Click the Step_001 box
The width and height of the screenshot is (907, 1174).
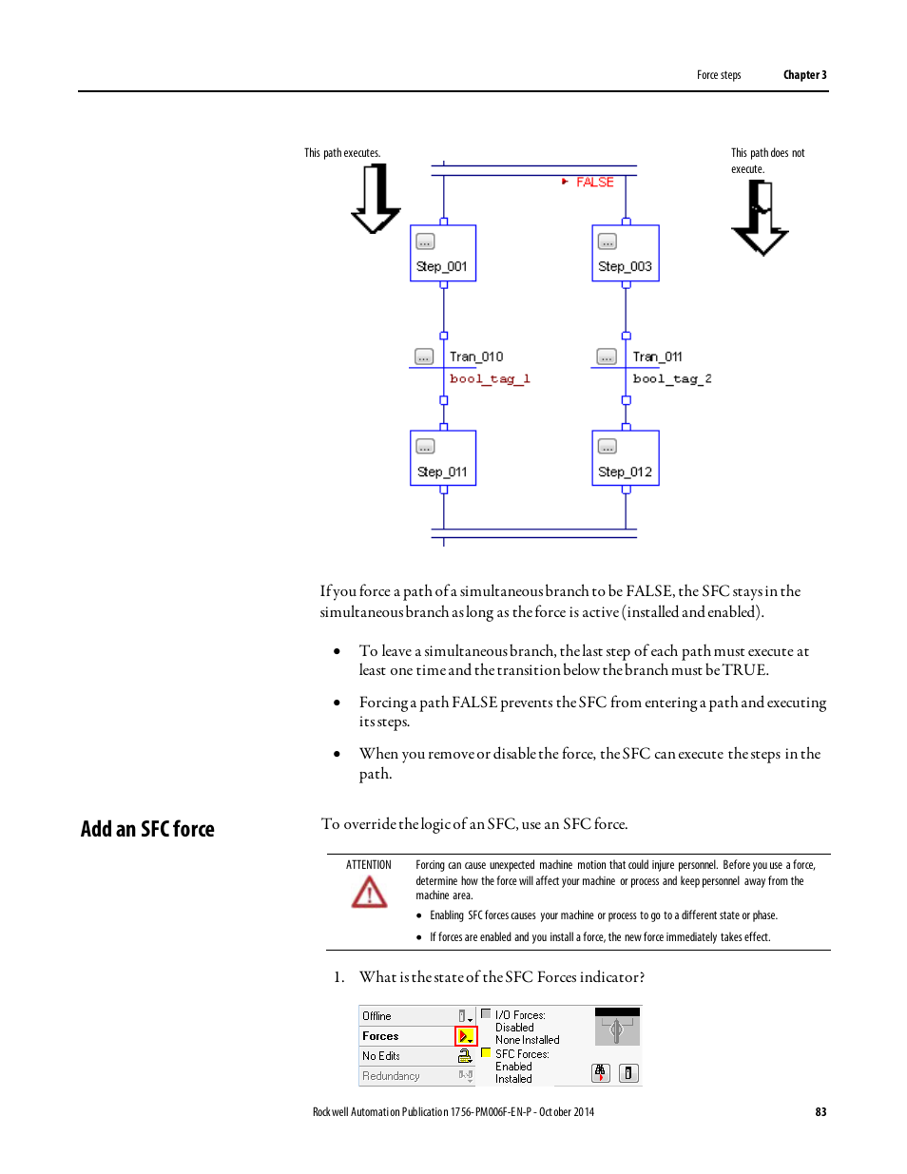pyautogui.click(x=443, y=253)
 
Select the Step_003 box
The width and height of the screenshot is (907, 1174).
pyautogui.click(x=626, y=253)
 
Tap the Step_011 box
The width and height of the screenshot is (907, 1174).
pyautogui.click(x=443, y=458)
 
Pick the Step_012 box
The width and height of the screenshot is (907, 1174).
pyautogui.click(x=626, y=458)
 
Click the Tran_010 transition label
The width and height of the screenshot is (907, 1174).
pyautogui.click(x=476, y=357)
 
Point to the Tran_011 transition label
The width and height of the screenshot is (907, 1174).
pyautogui.click(x=658, y=357)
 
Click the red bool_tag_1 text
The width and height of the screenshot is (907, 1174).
pyautogui.click(x=490, y=379)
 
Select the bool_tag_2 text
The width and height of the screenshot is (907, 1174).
pyautogui.click(x=672, y=379)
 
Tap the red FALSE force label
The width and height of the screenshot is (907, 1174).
pyautogui.click(x=595, y=183)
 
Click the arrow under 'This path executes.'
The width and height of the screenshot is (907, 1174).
pyautogui.click(x=376, y=199)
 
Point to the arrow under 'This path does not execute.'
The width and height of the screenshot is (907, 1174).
pyautogui.click(x=760, y=218)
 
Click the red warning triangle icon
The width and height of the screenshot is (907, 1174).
pyautogui.click(x=369, y=893)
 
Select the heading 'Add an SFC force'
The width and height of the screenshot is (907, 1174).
pyautogui.click(x=147, y=830)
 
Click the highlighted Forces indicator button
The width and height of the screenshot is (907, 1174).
pyautogui.click(x=466, y=1036)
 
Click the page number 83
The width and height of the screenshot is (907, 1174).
pyautogui.click(x=820, y=1112)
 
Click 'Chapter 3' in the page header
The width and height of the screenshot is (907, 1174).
pyautogui.click(x=804, y=75)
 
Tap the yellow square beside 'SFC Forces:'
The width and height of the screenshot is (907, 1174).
pyautogui.click(x=486, y=1053)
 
